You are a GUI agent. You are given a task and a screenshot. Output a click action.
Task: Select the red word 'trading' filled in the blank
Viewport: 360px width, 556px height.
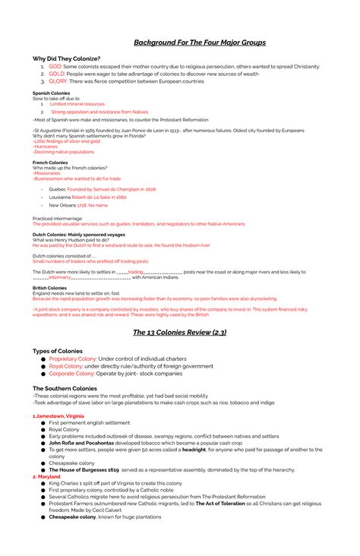point(136,271)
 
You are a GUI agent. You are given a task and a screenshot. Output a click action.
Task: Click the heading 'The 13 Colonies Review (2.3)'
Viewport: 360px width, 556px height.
point(180,332)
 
